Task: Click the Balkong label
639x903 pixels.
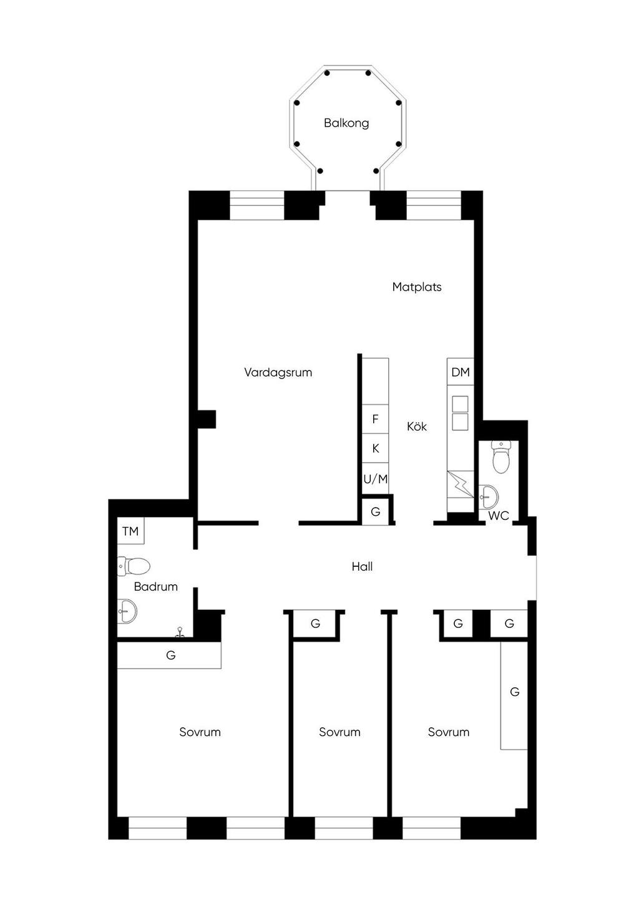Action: pos(346,123)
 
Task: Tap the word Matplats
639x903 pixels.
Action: pos(417,287)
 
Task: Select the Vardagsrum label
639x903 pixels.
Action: pos(278,372)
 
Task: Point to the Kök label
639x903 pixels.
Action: pos(417,426)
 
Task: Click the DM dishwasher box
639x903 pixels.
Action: pos(461,372)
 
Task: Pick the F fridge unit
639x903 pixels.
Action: pos(375,419)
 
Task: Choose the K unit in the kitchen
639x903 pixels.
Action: pos(375,448)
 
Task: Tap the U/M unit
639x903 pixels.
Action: pos(375,478)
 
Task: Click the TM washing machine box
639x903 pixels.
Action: pos(130,531)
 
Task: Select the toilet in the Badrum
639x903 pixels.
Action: pos(134,566)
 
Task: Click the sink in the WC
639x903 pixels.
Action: pos(489,496)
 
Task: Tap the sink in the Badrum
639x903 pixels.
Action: pos(127,611)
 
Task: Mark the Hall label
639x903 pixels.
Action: pos(362,566)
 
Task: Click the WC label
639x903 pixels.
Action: pos(498,516)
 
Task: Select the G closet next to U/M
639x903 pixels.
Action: pos(376,511)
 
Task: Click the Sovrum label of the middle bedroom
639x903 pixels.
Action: pos(339,732)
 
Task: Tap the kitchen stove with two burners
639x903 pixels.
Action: pos(461,413)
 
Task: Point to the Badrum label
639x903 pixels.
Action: pos(156,587)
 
